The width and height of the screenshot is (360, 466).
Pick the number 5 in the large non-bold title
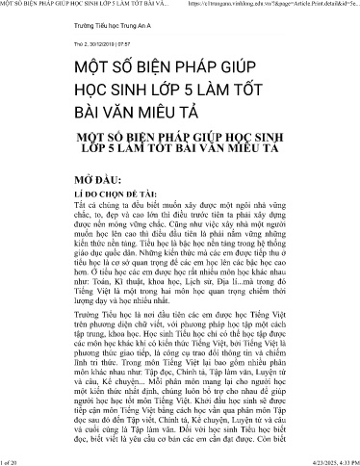tap(196, 97)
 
